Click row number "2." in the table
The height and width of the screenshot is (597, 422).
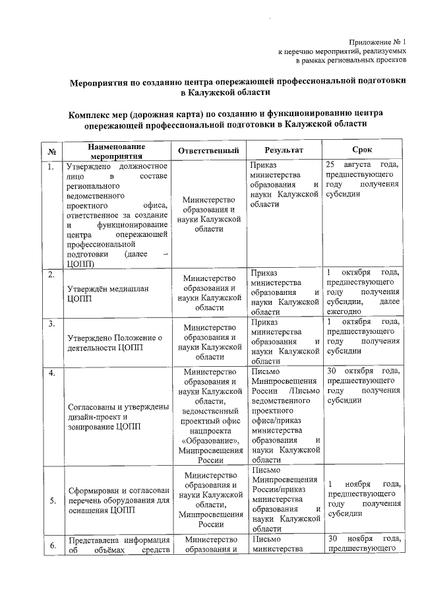pyautogui.click(x=51, y=274)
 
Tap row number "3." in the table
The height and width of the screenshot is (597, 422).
pyautogui.click(x=51, y=323)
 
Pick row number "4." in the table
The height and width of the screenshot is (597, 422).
pyautogui.click(x=51, y=374)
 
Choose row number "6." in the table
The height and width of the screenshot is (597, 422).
pyautogui.click(x=51, y=544)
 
